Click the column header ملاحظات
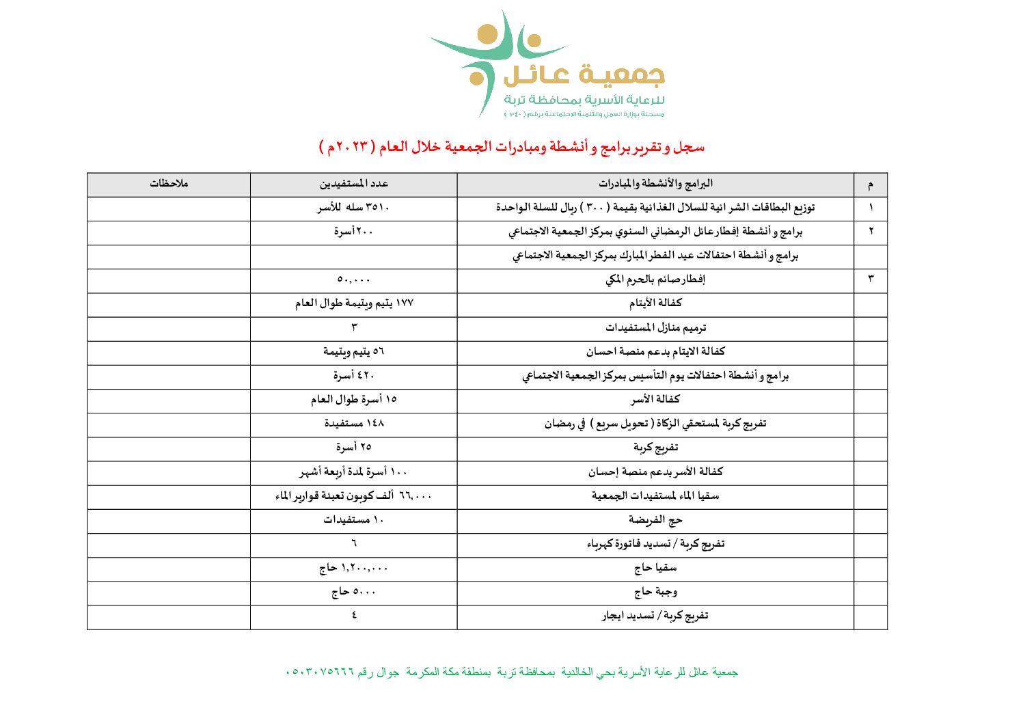pyautogui.click(x=169, y=184)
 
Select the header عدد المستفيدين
pyautogui.click(x=353, y=184)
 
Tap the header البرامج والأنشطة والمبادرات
pyautogui.click(x=655, y=184)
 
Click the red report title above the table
pyautogui.click(x=511, y=147)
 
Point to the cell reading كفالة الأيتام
pyautogui.click(x=655, y=303)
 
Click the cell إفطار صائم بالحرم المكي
pyautogui.click(x=655, y=279)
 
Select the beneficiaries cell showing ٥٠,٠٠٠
pyautogui.click(x=353, y=279)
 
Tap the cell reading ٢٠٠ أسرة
pyautogui.click(x=353, y=232)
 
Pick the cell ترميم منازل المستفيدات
pyautogui.click(x=655, y=328)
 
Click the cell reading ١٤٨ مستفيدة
pyautogui.click(x=353, y=424)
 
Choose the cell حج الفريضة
pyautogui.click(x=655, y=520)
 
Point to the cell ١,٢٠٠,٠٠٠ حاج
pyautogui.click(x=353, y=569)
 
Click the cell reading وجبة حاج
pyautogui.click(x=655, y=592)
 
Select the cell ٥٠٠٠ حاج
pyautogui.click(x=353, y=592)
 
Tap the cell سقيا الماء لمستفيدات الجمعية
pyautogui.click(x=655, y=496)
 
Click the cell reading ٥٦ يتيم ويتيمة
pyautogui.click(x=353, y=352)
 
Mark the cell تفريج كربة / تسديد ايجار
pyautogui.click(x=655, y=616)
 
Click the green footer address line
pyautogui.click(x=511, y=672)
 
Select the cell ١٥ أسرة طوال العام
pyautogui.click(x=353, y=400)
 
